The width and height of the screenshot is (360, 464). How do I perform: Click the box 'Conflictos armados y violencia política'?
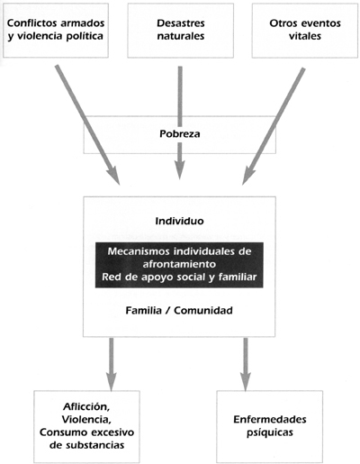tap(56, 31)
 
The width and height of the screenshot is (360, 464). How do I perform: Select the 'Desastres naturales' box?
tap(180, 31)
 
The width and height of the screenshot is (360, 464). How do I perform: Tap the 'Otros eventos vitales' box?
tap(305, 31)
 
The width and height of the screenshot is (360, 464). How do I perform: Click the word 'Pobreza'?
tap(180, 133)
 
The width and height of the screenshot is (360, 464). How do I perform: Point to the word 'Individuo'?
tap(179, 221)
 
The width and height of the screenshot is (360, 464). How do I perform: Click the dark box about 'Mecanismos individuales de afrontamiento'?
tap(179, 265)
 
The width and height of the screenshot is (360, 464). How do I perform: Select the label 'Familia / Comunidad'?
tap(179, 310)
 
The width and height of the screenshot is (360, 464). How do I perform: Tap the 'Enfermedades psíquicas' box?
tap(269, 426)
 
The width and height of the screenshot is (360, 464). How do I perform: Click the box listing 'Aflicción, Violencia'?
tap(86, 426)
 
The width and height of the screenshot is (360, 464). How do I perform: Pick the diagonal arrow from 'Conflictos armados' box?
tap(88, 125)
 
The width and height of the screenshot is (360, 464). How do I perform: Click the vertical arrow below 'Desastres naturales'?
tap(180, 123)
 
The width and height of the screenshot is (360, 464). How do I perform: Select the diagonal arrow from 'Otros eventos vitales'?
tap(274, 126)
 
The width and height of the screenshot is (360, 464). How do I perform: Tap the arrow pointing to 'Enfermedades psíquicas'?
tap(246, 364)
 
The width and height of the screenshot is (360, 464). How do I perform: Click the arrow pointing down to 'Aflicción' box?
tap(112, 364)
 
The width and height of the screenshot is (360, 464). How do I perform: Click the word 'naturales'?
tap(181, 36)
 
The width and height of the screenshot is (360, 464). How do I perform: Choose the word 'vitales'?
tap(305, 36)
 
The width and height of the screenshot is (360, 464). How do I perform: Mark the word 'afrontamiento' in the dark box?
tap(179, 264)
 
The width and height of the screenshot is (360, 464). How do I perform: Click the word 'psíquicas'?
tap(270, 432)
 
